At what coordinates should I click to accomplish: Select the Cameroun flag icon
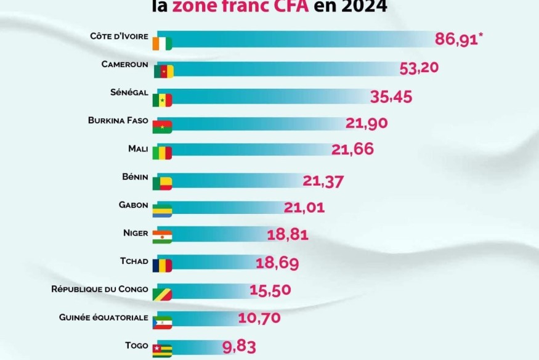(x=163, y=71)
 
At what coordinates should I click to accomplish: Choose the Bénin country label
(x=136, y=177)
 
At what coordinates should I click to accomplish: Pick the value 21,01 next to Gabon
(x=304, y=207)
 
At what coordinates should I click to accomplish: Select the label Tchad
(x=134, y=261)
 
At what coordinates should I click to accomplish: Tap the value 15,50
(x=270, y=290)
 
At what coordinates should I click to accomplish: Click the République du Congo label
(x=100, y=288)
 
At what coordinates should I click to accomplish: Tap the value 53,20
(x=419, y=68)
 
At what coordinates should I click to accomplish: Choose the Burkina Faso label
(x=118, y=120)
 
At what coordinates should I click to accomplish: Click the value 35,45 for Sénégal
(x=391, y=97)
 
